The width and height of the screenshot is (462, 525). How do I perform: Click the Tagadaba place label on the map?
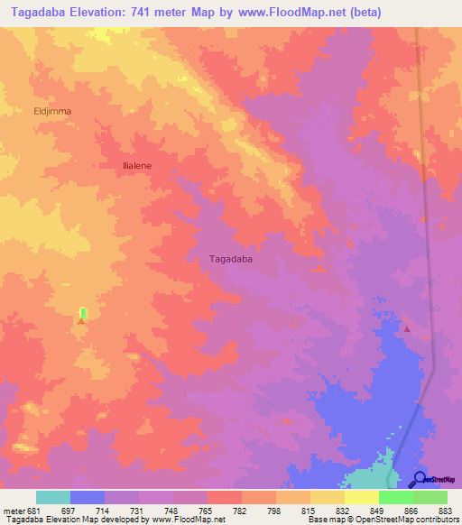pos(230,259)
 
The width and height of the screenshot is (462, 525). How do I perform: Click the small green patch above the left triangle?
pos(82,312)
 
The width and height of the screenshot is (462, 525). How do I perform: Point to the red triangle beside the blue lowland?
pos(406,328)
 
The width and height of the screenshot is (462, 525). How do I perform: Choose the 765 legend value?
pos(206,510)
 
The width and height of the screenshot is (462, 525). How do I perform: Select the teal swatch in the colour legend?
pos(53,497)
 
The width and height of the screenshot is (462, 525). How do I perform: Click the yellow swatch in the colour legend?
pos(361,497)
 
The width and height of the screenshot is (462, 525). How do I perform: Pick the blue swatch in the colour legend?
pos(88,497)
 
